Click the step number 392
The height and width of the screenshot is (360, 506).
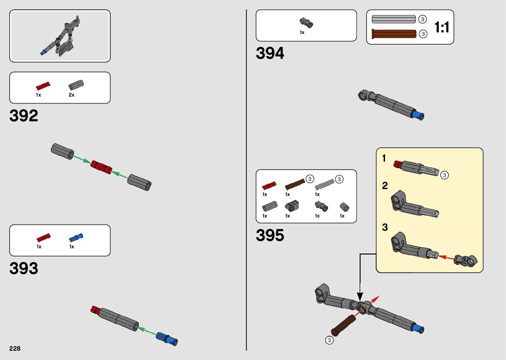24,116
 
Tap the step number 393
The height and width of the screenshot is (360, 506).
24,268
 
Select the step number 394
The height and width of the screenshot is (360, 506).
270,53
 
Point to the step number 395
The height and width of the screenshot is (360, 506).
270,235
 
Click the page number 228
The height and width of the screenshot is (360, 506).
15,348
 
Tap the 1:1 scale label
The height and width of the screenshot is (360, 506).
442,27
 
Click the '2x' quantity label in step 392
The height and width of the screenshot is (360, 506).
71,95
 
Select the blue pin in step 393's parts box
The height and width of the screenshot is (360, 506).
76,238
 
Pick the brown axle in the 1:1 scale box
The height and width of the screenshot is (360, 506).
394,34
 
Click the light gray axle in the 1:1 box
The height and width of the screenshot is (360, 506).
394,19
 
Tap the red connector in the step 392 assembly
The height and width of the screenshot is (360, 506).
101,167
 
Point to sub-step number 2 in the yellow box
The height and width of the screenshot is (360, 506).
385,186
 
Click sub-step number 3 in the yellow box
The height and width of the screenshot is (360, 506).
385,227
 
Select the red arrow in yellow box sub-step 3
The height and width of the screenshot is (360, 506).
446,257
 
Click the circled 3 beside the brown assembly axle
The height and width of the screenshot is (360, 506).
329,340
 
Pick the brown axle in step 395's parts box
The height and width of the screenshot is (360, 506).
294,184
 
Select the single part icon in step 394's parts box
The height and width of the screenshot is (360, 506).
306,22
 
